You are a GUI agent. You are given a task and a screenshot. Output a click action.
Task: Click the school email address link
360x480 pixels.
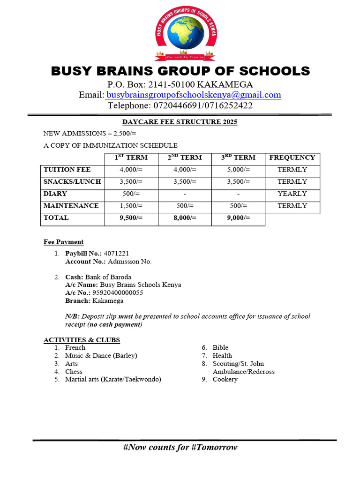pos(194,95)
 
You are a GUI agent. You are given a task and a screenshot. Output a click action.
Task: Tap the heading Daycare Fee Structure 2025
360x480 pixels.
pos(180,122)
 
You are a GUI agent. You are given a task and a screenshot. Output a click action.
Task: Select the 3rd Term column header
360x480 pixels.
pos(238,157)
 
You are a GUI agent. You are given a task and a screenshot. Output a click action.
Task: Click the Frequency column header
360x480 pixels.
pos(292,157)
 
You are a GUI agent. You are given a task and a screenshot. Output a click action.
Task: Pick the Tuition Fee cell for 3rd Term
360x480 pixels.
pos(238,170)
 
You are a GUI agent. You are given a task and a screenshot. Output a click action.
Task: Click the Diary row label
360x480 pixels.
pos(55,194)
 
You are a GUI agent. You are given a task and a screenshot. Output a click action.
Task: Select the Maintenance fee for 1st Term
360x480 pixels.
pos(131,206)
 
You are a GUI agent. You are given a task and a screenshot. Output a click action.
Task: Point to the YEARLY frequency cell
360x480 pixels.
pos(292,194)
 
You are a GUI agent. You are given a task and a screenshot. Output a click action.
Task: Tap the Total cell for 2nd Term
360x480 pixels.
pos(185,218)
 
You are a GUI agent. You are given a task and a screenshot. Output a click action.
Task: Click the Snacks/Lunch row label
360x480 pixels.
pos(72,182)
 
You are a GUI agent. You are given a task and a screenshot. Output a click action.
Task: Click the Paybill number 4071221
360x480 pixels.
pos(116,254)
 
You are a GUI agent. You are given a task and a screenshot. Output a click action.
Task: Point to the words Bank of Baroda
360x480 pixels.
pos(108,277)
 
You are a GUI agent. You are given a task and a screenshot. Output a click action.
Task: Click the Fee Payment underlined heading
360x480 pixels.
pos(64,242)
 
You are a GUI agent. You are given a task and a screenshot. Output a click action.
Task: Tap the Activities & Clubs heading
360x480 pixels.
pos(82,340)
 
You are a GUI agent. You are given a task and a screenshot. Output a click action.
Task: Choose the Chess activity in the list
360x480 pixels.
pos(74,372)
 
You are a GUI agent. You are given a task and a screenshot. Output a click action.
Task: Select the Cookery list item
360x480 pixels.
pos(225,379)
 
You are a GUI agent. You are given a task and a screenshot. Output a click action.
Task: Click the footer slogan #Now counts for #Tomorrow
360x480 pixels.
pos(180,447)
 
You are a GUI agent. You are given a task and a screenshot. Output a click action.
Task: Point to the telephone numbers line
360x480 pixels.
pos(180,105)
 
